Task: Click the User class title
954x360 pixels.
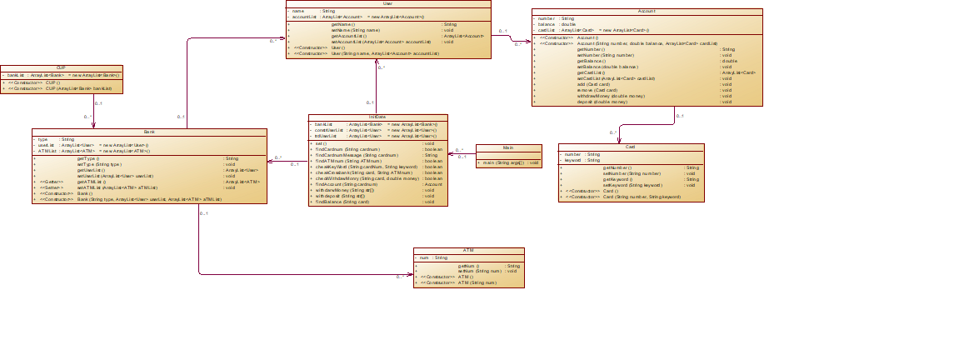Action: point(388,4)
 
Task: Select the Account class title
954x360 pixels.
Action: point(647,12)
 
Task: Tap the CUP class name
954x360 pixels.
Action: point(62,68)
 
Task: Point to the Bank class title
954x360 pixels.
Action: point(149,132)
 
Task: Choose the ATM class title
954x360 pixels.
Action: point(468,251)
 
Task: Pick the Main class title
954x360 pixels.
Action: point(507,147)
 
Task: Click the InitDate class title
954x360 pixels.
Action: point(377,117)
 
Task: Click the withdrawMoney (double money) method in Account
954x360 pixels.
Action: point(611,96)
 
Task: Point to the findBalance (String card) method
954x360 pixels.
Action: point(342,202)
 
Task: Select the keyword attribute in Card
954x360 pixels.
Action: point(572,160)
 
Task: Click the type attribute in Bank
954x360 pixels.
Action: point(43,139)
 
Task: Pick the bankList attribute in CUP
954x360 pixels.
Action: point(18,75)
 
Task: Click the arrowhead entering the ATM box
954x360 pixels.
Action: point(411,274)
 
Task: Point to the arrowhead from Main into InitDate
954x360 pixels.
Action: point(452,155)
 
